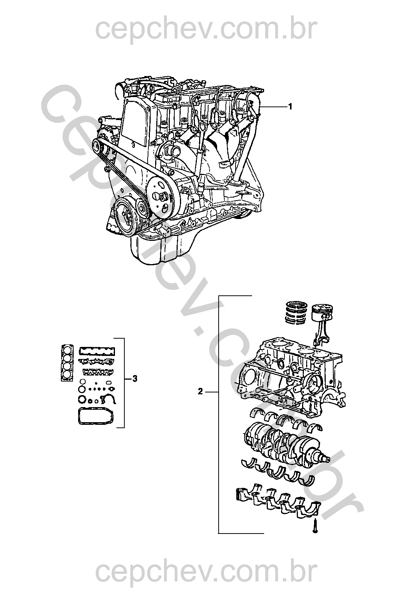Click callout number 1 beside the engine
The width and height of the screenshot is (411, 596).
tap(290, 107)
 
